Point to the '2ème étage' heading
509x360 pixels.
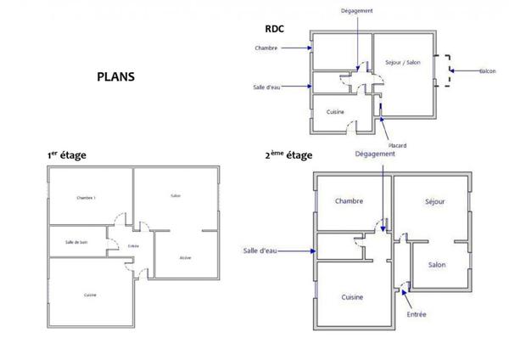click(x=288, y=155)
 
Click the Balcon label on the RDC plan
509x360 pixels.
click(x=487, y=71)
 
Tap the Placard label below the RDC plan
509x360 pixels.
click(x=396, y=145)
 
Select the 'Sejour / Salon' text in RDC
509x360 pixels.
click(x=402, y=63)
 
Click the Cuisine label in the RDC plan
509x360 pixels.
click(x=335, y=111)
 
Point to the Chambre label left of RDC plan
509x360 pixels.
click(x=266, y=48)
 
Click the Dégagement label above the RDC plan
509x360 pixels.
click(x=356, y=11)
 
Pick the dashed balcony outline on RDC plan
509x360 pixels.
click(x=444, y=70)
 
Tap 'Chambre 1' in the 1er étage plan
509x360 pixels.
click(x=87, y=197)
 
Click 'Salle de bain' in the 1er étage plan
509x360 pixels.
click(x=76, y=242)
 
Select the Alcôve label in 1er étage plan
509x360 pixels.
click(x=185, y=257)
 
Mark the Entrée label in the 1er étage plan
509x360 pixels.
click(x=132, y=246)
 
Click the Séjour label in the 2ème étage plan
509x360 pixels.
click(x=434, y=202)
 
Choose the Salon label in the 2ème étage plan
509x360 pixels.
click(x=436, y=264)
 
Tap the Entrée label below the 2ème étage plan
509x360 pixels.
click(x=416, y=313)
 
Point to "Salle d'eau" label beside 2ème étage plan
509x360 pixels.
click(x=261, y=250)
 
